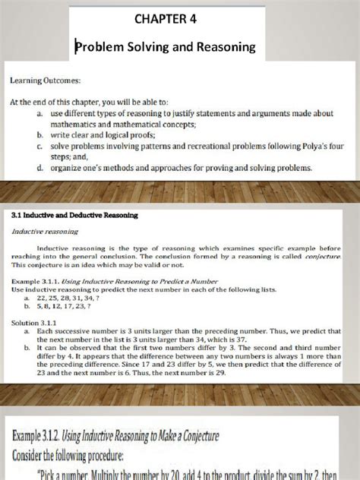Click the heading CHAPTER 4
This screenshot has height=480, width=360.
[x=179, y=18]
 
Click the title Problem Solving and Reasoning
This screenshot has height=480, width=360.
[x=179, y=47]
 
